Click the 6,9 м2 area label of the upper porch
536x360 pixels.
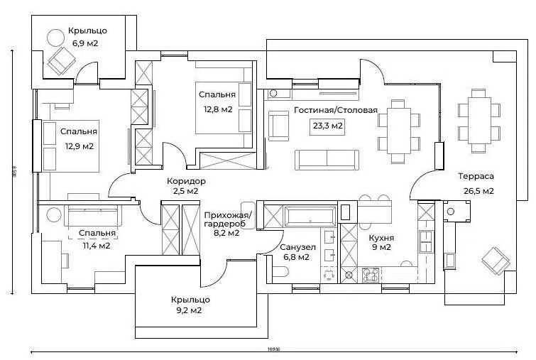pyautogui.click(x=84, y=44)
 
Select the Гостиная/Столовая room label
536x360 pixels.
pyautogui.click(x=336, y=110)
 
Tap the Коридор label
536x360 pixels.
pyautogui.click(x=186, y=181)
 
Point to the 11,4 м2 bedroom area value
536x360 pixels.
pyautogui.click(x=96, y=246)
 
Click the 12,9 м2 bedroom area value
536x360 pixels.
pyautogui.click(x=79, y=146)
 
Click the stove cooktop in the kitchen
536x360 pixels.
pyautogui.click(x=371, y=274)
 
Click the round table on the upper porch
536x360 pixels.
pyautogui.click(x=55, y=36)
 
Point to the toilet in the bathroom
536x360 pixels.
pyautogui.click(x=279, y=270)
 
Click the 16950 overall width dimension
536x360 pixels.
pyautogui.click(x=273, y=349)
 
